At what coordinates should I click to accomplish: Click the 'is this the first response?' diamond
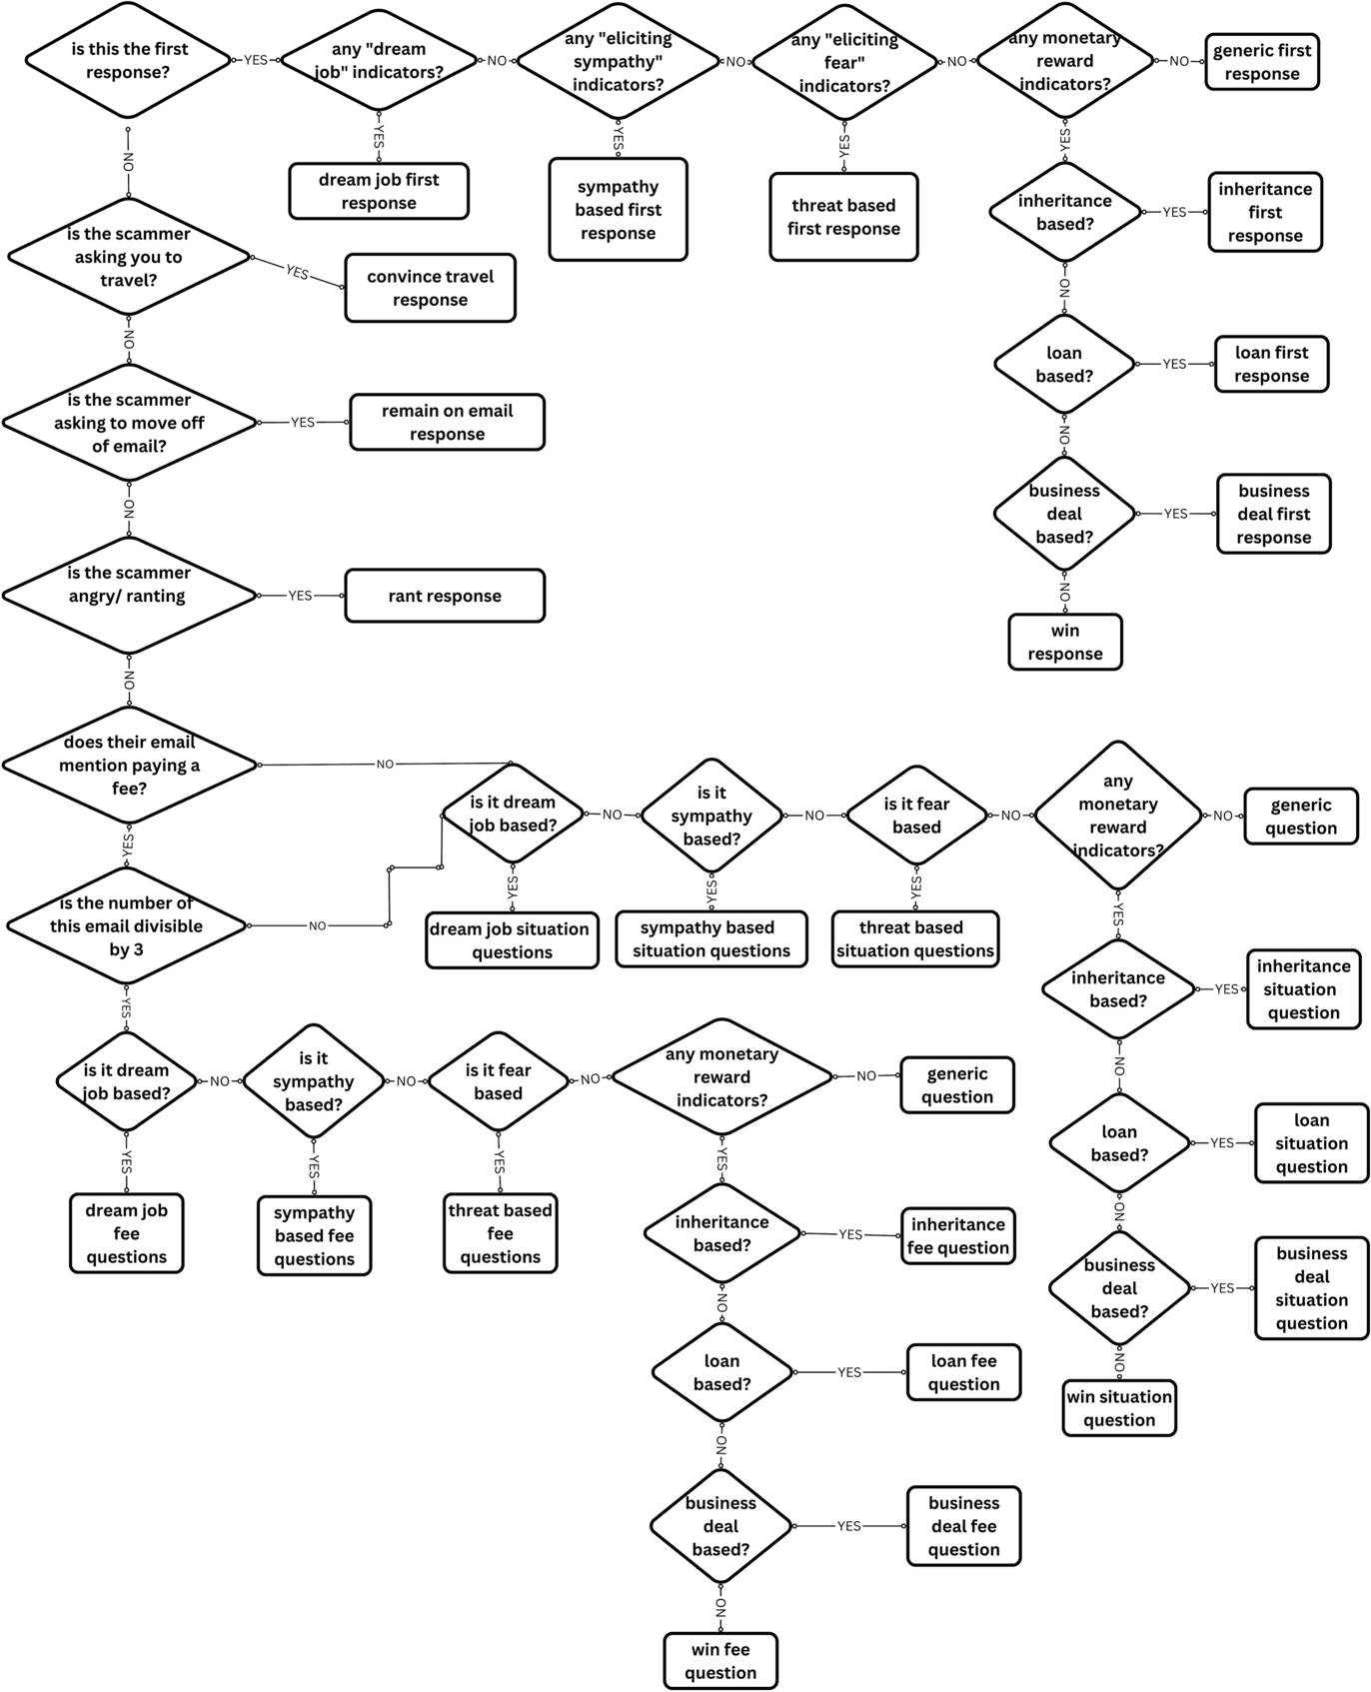coord(129,60)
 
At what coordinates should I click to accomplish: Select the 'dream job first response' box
coord(379,191)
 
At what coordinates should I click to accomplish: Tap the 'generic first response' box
coord(1262,62)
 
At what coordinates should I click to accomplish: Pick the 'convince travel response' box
coord(430,288)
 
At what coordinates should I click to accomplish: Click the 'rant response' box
coord(445,596)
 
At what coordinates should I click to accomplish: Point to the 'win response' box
coord(1065,642)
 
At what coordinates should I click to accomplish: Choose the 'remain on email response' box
coord(447,422)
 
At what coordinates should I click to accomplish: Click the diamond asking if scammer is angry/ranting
coord(129,595)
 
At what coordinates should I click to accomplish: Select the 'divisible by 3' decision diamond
coord(127,925)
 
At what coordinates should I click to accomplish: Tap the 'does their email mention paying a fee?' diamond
coord(130,765)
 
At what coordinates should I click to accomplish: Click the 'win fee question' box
coord(720,1660)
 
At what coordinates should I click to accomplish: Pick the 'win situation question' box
coord(1119,1408)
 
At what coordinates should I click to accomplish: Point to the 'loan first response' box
coord(1271,364)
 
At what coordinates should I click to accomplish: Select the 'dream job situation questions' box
coord(512,939)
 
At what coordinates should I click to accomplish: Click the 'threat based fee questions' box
coord(500,1233)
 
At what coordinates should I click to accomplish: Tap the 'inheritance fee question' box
coord(957,1235)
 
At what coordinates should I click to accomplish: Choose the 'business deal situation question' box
coord(1311,1287)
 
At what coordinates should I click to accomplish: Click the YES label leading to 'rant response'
coord(300,596)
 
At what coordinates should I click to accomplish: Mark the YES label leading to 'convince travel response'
coord(297,272)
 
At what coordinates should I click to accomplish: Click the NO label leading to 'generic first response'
coord(1179,61)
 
